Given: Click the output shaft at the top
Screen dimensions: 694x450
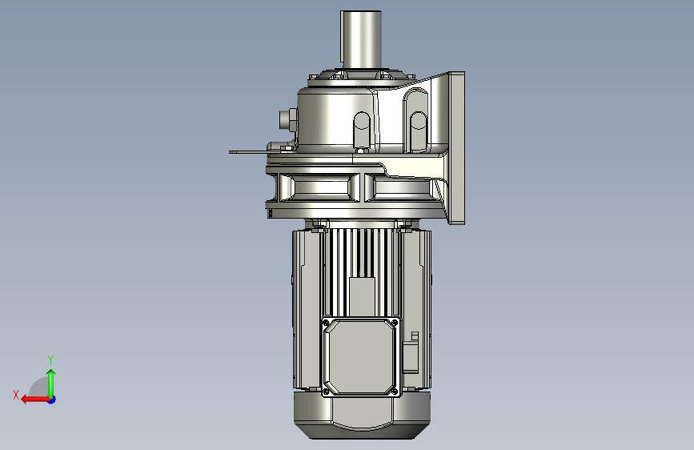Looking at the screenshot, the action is click(361, 39).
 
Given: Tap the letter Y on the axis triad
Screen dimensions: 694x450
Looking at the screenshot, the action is click(50, 360).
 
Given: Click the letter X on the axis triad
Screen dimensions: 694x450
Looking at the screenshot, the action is click(16, 395).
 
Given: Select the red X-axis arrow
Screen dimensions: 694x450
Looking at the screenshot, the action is click(35, 400).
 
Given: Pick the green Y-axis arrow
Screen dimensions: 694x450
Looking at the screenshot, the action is click(51, 384).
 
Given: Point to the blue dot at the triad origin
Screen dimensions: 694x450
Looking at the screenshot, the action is click(52, 400).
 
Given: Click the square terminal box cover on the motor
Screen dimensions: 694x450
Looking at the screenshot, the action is click(361, 356).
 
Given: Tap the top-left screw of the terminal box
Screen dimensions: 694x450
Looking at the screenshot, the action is click(327, 323).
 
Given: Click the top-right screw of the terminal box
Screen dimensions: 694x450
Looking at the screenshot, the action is click(394, 322).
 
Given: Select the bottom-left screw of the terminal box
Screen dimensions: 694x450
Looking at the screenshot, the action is click(327, 392).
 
